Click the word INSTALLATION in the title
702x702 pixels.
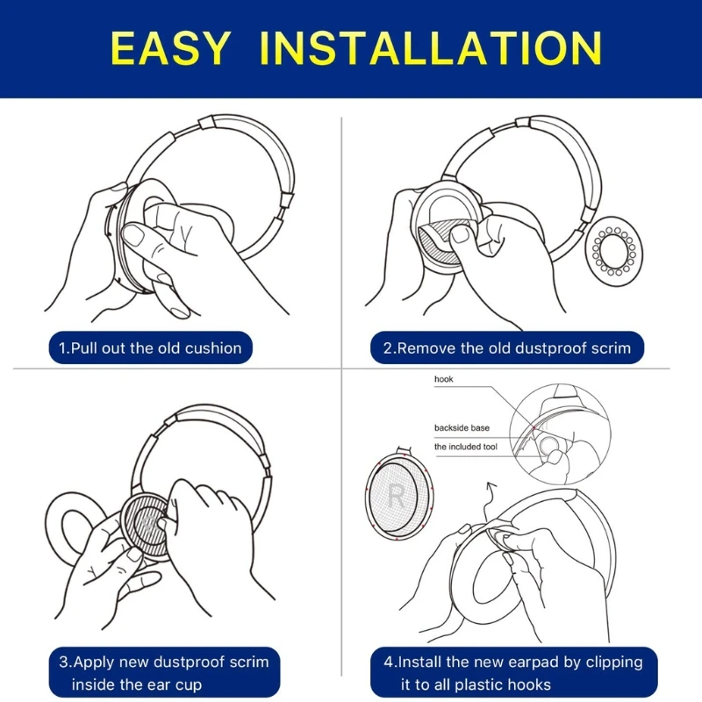tap(431, 48)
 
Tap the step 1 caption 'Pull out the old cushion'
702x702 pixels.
tap(149, 348)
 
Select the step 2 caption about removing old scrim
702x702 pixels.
tap(506, 348)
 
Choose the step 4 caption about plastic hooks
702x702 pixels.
tap(519, 672)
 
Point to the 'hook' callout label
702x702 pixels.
tap(445, 380)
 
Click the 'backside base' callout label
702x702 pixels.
tap(462, 427)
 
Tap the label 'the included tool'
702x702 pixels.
tap(465, 447)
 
